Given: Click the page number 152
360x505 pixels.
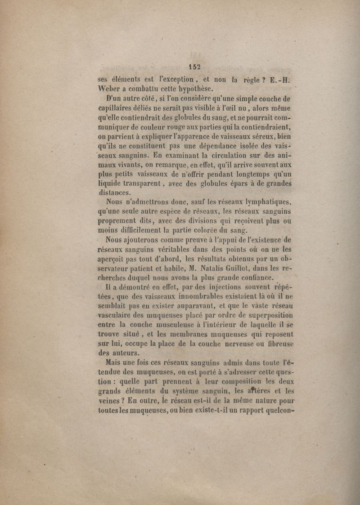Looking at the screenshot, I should (194, 67).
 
